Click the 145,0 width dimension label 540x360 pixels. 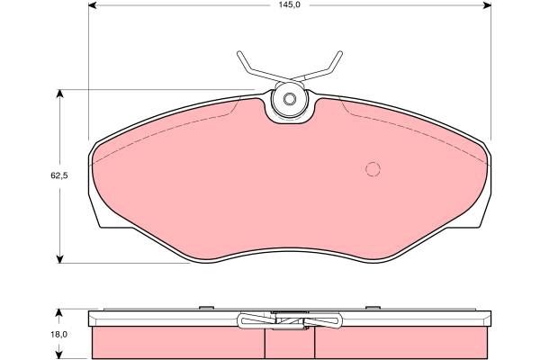tap(289, 5)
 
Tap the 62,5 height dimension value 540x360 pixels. tap(59, 175)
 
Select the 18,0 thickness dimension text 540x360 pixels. tap(60, 334)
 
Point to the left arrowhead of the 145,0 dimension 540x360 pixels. tap(93, 5)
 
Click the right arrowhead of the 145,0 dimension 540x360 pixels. tap(487, 5)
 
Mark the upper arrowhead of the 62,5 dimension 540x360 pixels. tap(60, 94)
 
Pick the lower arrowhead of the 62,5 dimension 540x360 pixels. tap(60, 258)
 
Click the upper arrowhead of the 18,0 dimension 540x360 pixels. tap(59, 313)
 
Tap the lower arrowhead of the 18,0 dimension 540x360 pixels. tap(59, 354)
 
